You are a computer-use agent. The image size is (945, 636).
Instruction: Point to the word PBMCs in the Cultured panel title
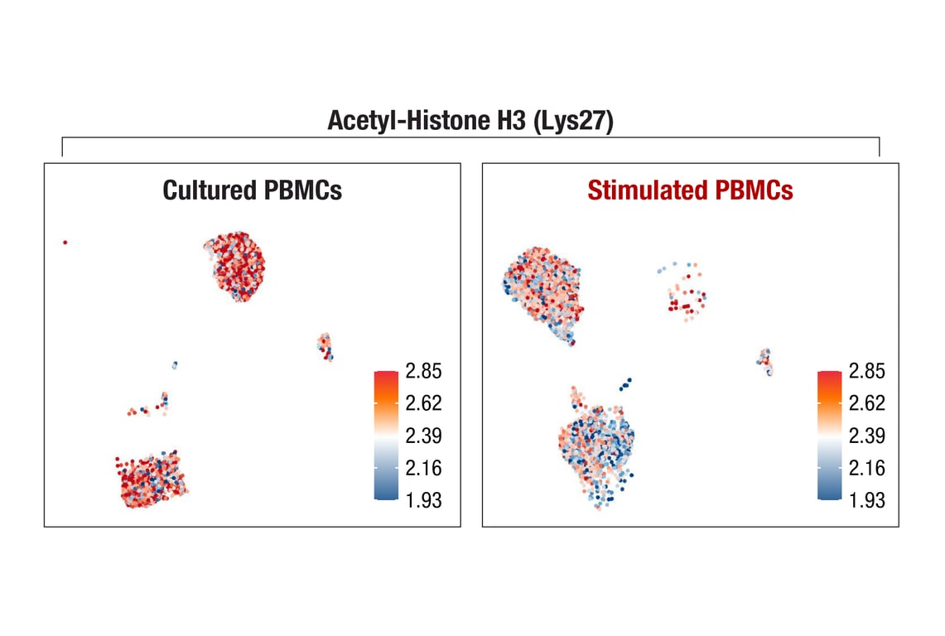pos(302,190)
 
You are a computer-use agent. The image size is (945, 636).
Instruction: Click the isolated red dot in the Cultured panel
pos(65,243)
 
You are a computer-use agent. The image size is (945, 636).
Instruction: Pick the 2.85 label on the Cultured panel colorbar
pos(423,371)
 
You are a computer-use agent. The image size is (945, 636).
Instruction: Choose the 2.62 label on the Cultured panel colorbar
pos(423,403)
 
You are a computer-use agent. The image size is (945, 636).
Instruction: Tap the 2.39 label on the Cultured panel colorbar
pos(423,436)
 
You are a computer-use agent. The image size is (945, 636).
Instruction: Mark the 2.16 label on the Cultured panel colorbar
pos(423,468)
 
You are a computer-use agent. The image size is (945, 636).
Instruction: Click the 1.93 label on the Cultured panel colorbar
pos(423,500)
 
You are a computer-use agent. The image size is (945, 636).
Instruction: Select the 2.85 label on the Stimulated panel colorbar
pos(866,371)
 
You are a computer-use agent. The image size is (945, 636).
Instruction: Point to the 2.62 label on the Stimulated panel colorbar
pos(866,403)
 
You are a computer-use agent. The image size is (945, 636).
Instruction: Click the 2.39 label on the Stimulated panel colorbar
pos(866,436)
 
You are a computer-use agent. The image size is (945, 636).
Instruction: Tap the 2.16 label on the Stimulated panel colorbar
pos(866,468)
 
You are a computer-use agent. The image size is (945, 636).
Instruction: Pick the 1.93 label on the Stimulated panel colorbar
pos(866,500)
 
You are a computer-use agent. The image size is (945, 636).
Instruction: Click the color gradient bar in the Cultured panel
pos(387,435)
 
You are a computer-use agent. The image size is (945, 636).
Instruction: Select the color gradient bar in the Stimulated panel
pos(830,435)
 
